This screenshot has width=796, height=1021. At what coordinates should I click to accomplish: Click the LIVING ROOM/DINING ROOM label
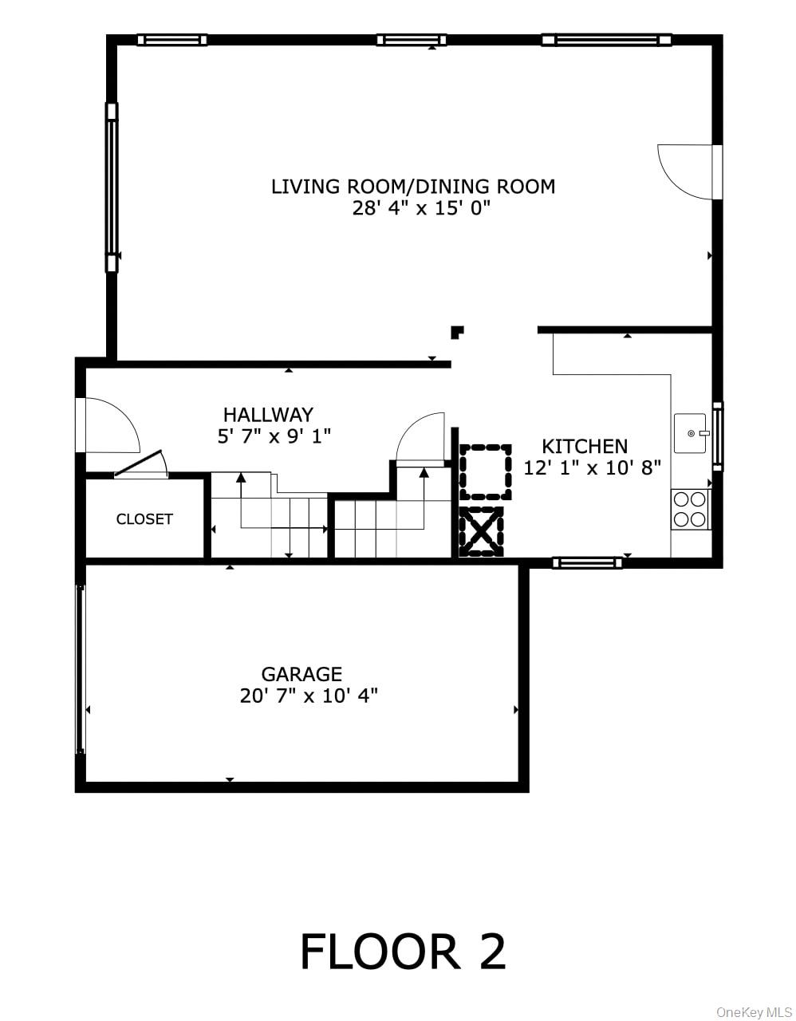pos(412,187)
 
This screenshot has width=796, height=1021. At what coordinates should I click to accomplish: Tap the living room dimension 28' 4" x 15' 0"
pos(420,209)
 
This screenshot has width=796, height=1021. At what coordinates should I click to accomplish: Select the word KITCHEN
pos(585,447)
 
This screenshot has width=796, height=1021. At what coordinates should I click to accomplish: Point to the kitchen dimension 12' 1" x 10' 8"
pos(592,468)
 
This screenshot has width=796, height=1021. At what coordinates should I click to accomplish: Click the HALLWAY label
pos(268,415)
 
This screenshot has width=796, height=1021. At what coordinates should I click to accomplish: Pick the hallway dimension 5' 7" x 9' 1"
pos(274,436)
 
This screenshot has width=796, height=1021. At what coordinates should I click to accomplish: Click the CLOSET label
pos(144,519)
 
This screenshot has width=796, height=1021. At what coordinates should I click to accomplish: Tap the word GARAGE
pos(301,674)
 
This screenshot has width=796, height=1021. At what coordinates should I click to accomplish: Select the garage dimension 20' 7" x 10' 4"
pos(309,696)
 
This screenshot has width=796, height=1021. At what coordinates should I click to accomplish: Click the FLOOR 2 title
pos(403,952)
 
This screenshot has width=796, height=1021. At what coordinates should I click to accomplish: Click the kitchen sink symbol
pos(691,433)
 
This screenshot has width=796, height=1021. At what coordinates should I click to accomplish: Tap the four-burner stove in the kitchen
pos(690,509)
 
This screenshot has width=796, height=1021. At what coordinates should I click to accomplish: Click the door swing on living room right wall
pos(688,171)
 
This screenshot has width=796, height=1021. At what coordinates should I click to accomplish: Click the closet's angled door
pos(140,466)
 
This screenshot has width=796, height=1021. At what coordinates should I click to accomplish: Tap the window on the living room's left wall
pos(112,187)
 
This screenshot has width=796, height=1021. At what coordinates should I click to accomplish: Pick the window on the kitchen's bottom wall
pos(587,563)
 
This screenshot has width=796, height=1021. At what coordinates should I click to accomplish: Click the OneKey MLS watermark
pos(753,1012)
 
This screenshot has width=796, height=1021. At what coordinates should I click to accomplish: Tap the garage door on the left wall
pos(80,668)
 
